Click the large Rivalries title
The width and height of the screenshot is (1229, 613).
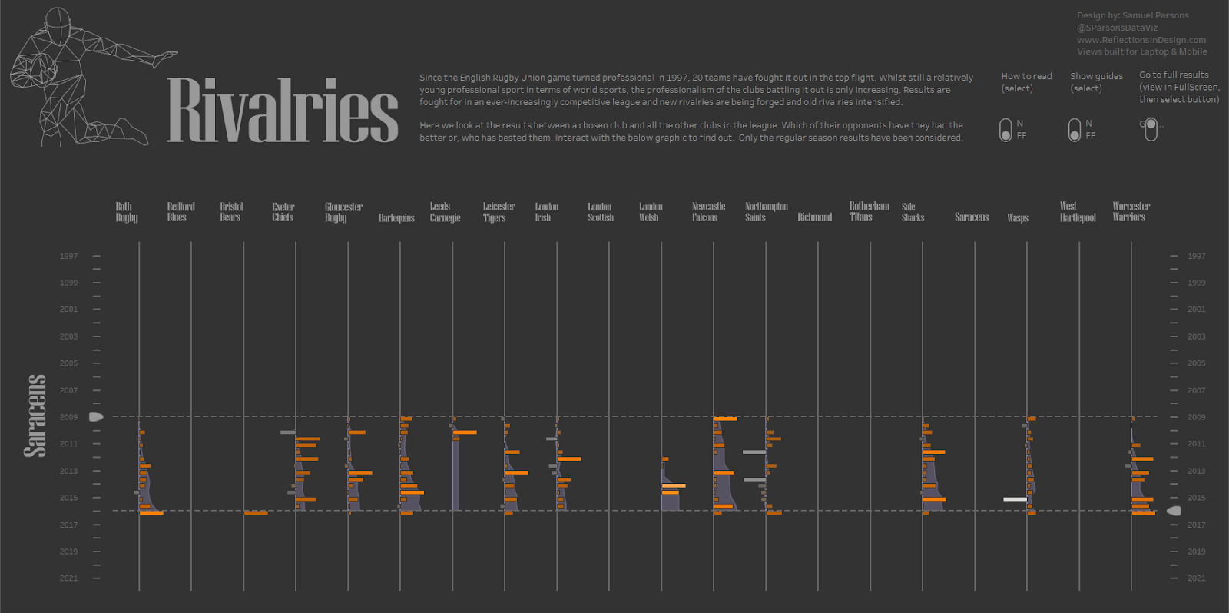point(282,110)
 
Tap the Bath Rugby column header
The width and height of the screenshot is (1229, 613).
point(127,212)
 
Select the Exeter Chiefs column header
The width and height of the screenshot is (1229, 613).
point(283,212)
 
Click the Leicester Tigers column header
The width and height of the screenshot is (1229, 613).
point(499,212)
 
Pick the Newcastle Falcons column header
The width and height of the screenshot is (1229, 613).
point(708,212)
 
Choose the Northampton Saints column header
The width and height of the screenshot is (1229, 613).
point(766,212)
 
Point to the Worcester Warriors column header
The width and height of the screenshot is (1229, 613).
point(1131,212)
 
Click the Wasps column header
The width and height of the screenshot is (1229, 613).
point(1018,218)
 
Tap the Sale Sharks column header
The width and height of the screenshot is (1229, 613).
point(913,212)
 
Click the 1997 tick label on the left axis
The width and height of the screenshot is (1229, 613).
point(69,256)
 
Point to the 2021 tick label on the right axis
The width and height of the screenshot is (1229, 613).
point(1196,578)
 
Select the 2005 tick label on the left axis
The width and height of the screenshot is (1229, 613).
point(69,363)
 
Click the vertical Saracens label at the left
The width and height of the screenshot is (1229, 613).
point(35,416)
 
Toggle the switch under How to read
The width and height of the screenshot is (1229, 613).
point(1005,130)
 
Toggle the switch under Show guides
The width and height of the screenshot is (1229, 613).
point(1075,130)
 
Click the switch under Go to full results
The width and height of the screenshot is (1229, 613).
point(1151,129)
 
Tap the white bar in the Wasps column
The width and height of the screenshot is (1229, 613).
point(1015,499)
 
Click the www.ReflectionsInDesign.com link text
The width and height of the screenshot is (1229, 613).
point(1141,40)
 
